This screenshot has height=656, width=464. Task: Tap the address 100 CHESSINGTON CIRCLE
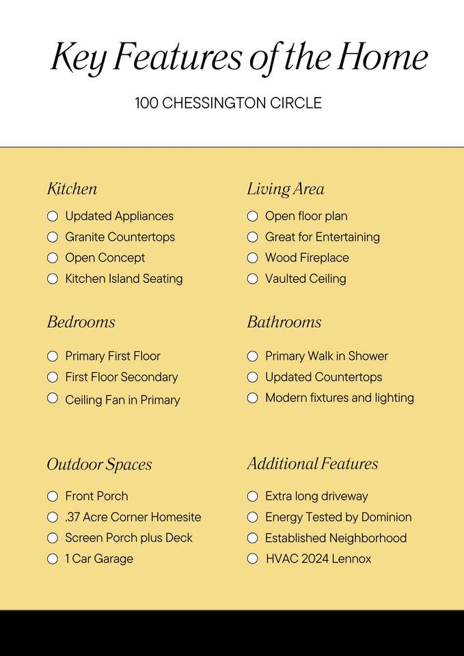coord(228,104)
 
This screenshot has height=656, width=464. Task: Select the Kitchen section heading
coord(72,189)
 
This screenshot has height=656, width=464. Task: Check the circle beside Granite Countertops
coord(53,237)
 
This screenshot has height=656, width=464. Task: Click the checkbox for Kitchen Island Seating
coord(53,279)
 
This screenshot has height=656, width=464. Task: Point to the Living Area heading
coord(286,189)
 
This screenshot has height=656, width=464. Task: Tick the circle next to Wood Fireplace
coord(252,258)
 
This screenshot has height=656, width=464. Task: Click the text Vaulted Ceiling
coord(305,279)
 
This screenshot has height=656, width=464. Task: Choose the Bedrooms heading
coord(81,322)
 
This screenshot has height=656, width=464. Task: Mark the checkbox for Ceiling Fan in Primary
coord(53,398)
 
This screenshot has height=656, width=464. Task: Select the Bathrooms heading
coord(284,322)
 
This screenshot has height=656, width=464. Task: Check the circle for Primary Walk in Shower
coord(252,356)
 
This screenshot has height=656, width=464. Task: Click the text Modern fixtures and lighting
coord(340,398)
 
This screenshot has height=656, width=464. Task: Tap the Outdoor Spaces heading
coord(99,465)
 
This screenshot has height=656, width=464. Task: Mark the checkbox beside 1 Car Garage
coord(53,559)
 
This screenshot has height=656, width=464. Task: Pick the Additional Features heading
coord(312,464)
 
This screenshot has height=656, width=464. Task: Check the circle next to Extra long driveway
coord(252,496)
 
